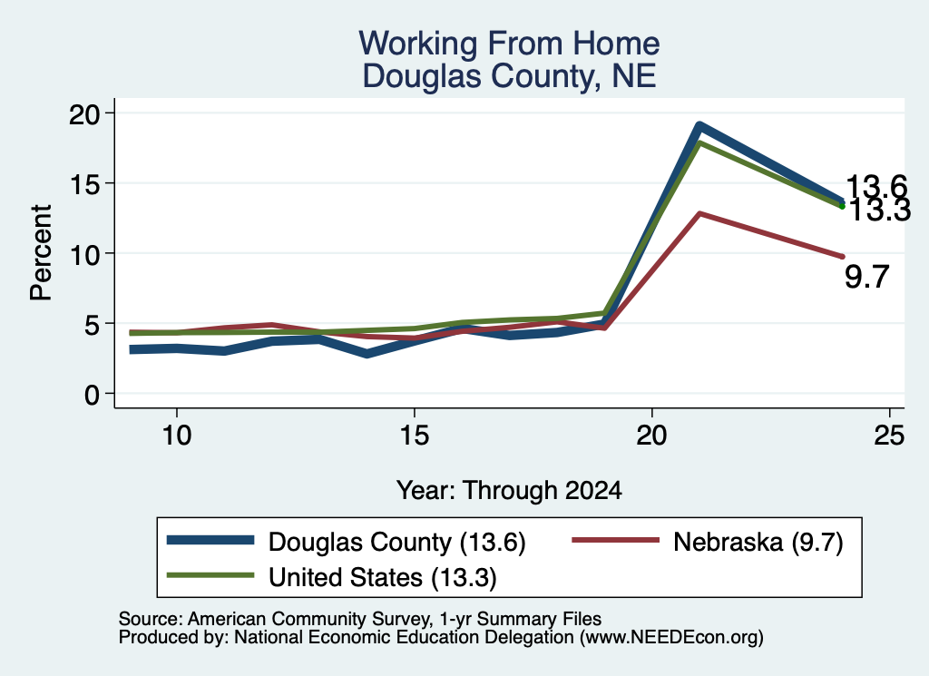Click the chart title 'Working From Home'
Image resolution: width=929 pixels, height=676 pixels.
(x=509, y=44)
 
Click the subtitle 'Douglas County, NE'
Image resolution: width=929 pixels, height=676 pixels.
(x=509, y=76)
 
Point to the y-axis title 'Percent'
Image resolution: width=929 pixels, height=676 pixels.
(x=42, y=253)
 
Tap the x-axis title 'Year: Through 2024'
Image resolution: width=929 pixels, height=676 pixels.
(x=509, y=491)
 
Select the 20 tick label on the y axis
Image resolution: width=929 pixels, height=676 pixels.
(x=86, y=113)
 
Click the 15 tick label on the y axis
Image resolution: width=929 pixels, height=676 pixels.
(x=86, y=183)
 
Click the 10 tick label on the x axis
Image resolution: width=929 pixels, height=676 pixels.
(x=177, y=436)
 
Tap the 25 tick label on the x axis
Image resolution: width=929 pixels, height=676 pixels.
(x=889, y=436)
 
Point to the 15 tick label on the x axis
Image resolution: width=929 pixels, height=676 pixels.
(x=414, y=436)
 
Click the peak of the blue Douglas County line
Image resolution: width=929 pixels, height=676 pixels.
(x=699, y=125)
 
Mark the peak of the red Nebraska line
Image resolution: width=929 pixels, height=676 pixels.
(x=700, y=213)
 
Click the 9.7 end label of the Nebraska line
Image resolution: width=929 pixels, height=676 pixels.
(x=866, y=277)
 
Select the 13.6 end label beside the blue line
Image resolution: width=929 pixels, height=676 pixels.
(x=876, y=187)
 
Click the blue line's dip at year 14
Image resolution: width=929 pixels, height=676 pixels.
(x=367, y=354)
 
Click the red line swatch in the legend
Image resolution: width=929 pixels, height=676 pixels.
(x=616, y=540)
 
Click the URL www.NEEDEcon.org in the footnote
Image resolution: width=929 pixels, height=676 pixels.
(x=671, y=638)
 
